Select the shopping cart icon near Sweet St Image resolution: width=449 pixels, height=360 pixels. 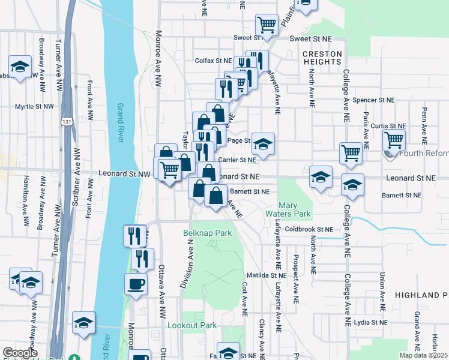click(267, 25)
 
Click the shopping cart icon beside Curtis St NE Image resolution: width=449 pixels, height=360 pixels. click(394, 140)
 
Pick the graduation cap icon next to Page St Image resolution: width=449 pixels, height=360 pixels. click(263, 144)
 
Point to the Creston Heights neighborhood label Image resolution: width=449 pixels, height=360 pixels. click(322, 58)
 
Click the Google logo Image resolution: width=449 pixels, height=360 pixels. click(20, 353)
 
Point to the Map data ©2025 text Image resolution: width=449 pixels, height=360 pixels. click(423, 355)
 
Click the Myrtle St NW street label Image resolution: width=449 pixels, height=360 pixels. click(34, 107)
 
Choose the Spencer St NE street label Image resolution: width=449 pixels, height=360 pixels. click(373, 100)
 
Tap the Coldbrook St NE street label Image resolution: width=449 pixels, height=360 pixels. click(309, 229)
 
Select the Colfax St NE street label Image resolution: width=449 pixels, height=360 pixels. click(213, 61)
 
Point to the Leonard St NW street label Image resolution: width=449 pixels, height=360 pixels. click(124, 174)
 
